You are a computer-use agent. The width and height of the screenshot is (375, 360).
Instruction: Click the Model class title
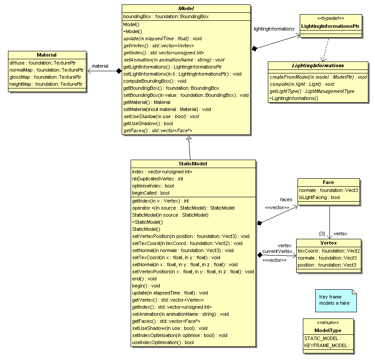186,8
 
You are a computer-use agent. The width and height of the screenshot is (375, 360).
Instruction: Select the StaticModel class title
193,164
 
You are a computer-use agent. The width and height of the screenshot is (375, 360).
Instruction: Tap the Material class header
47,55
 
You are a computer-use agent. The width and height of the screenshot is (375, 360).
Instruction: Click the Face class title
329,182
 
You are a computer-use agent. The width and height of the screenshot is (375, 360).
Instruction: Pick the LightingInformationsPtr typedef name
330,27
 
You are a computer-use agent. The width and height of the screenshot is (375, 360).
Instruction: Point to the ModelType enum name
328,330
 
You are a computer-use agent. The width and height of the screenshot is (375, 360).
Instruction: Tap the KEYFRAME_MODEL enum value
327,345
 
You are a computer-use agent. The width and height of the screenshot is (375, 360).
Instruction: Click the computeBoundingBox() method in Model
155,81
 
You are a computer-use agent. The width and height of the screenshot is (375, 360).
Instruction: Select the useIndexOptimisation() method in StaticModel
163,342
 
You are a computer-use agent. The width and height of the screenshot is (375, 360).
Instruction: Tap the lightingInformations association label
274,29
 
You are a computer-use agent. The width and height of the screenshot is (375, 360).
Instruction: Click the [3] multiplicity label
322,234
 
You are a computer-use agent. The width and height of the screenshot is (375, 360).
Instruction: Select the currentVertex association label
277,251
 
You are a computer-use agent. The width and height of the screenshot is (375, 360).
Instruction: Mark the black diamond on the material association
119,71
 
